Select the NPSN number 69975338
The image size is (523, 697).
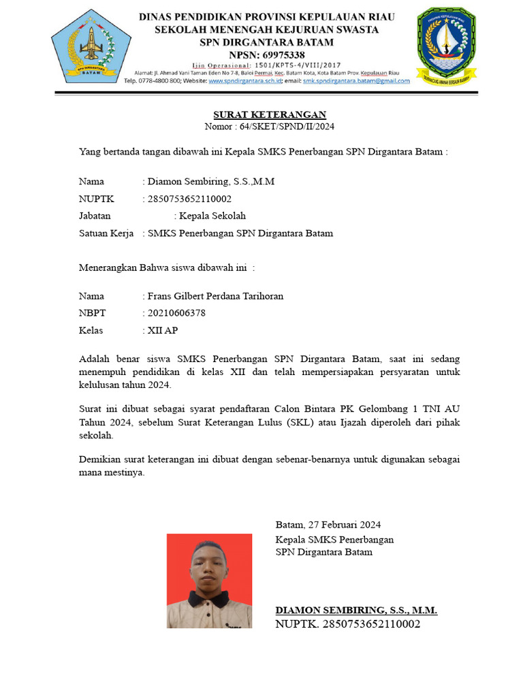pyautogui.click(x=277, y=54)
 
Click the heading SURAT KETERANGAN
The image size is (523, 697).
pyautogui.click(x=270, y=114)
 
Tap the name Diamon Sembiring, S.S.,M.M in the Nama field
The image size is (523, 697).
pyautogui.click(x=211, y=182)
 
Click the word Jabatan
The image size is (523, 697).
pyautogui.click(x=95, y=216)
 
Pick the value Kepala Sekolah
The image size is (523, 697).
pyautogui.click(x=212, y=216)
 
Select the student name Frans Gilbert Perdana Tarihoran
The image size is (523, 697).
pyautogui.click(x=215, y=296)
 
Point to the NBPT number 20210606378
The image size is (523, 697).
pyautogui.click(x=176, y=313)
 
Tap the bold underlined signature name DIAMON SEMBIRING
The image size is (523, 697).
pyautogui.click(x=355, y=610)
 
